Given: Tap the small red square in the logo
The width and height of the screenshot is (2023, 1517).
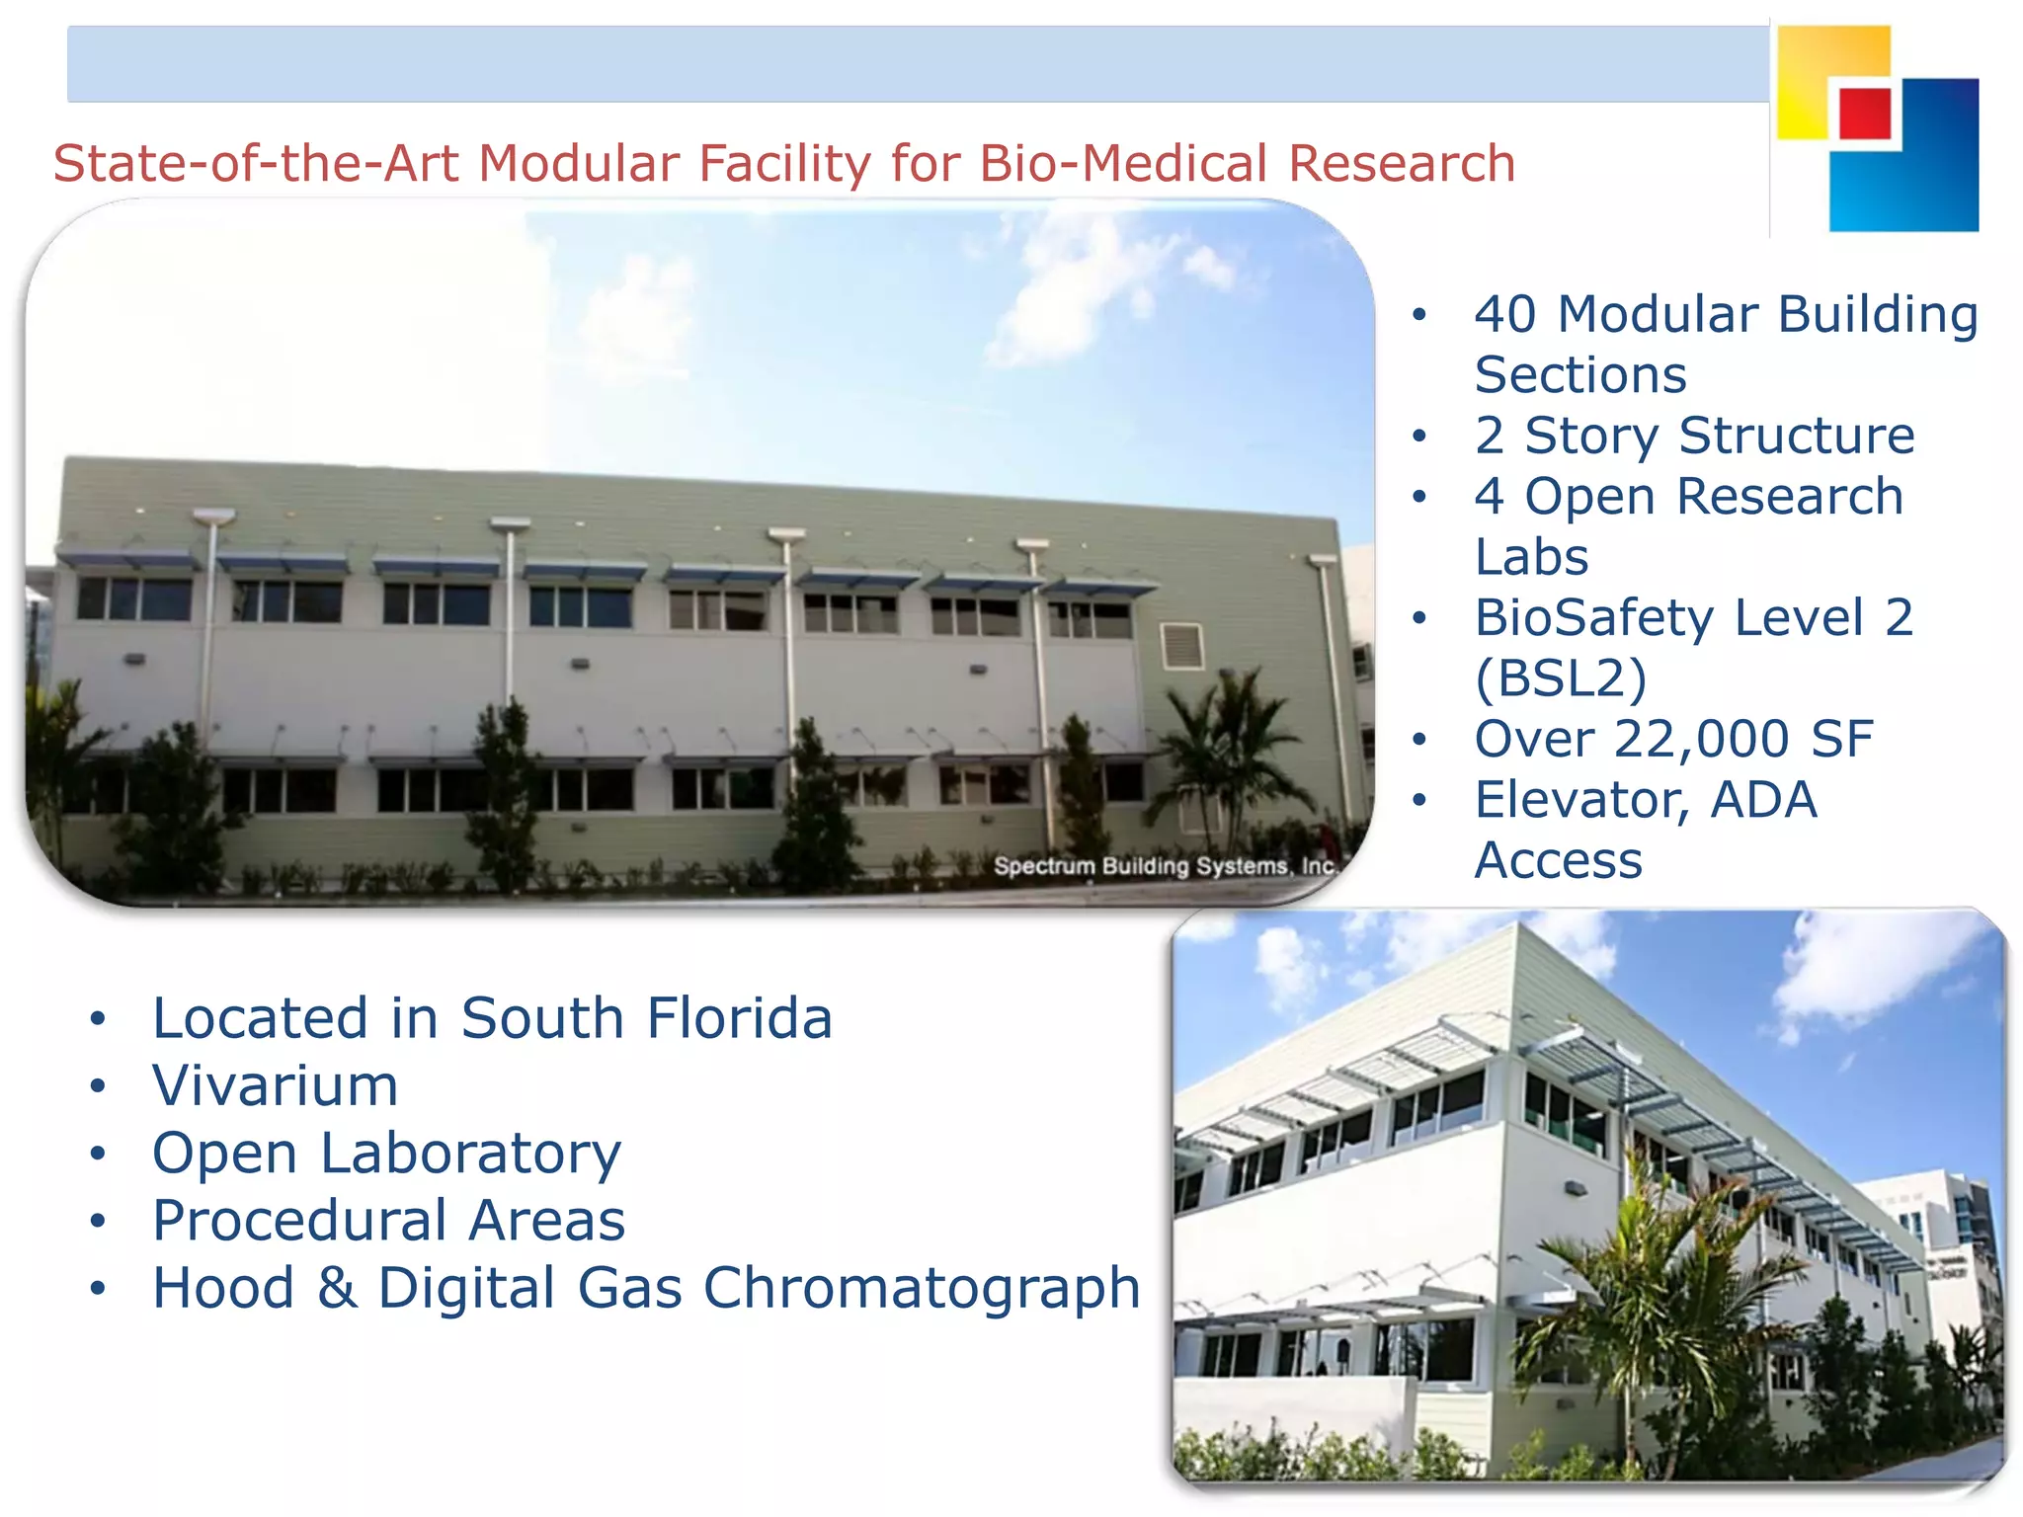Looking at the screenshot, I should point(1865,114).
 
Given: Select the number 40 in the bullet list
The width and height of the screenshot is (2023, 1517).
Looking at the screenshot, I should point(1505,315).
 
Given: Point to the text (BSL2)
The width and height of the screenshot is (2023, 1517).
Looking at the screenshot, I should point(1561,679).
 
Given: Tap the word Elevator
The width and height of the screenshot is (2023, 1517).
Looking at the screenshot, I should point(1581,800).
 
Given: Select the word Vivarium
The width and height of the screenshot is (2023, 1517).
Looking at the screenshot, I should point(276,1085).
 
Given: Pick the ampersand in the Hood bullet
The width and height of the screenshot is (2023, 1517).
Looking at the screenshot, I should point(337,1288).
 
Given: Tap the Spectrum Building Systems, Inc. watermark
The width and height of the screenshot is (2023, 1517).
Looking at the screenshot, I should point(1165,866).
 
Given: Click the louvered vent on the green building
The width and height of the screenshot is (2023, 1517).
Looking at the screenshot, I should point(1181,646).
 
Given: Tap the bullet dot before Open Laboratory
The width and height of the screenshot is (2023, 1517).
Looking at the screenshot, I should point(97,1154).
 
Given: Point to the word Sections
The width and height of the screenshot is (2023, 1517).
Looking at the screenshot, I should point(1580,375).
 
